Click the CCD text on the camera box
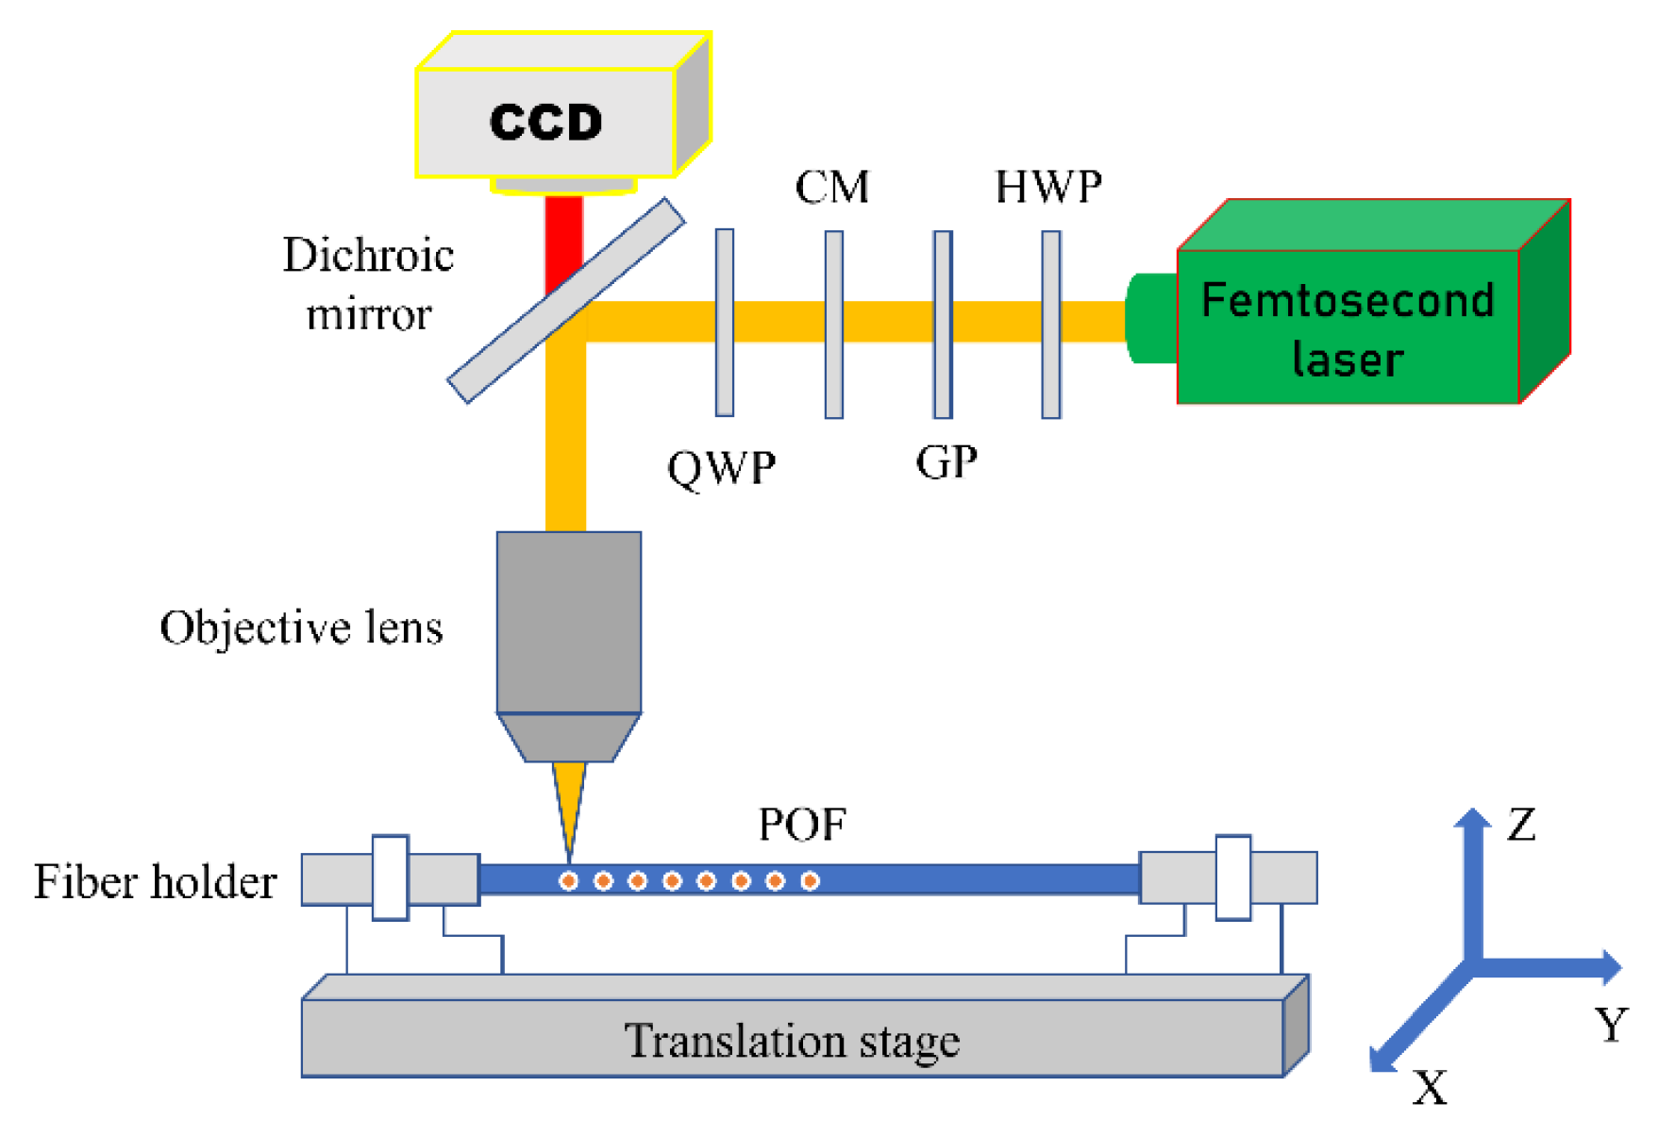pyautogui.click(x=545, y=123)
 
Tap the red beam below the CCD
pyautogui.click(x=563, y=236)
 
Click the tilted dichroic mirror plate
pyautogui.click(x=566, y=300)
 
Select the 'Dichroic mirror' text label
pyautogui.click(x=368, y=284)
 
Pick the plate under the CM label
pyautogui.click(x=834, y=325)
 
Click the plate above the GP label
pyautogui.click(x=943, y=325)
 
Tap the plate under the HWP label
pyautogui.click(x=1051, y=325)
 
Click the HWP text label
pyautogui.click(x=1048, y=187)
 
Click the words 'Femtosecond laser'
pyautogui.click(x=1348, y=329)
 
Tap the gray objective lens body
pyautogui.click(x=569, y=623)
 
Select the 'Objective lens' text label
pyautogui.click(x=301, y=627)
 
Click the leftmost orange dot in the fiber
pyautogui.click(x=569, y=881)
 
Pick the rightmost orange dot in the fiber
pyautogui.click(x=810, y=881)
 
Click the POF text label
pyautogui.click(x=802, y=825)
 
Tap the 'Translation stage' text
pyautogui.click(x=792, y=1041)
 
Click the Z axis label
pyautogui.click(x=1520, y=825)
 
